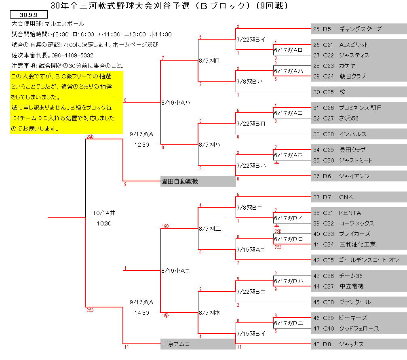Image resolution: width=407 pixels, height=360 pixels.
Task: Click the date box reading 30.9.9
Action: point(29,15)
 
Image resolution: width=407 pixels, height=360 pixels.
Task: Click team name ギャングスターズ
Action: point(361,29)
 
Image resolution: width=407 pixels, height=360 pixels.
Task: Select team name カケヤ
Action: point(347,66)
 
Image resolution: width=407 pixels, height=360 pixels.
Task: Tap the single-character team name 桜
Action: point(342,92)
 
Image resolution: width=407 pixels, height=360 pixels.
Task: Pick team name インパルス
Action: point(353,134)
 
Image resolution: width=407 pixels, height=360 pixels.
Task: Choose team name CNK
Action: point(346,197)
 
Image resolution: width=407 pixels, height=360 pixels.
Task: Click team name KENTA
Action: point(350,213)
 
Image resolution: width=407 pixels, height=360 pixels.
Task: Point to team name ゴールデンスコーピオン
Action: point(369,260)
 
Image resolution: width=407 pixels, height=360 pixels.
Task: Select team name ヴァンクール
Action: point(355,302)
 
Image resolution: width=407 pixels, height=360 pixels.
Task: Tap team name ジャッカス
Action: point(351,344)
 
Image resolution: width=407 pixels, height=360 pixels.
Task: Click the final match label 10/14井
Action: point(104,213)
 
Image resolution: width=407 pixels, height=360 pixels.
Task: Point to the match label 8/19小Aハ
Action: point(176,103)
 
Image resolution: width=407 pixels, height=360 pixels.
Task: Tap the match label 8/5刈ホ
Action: point(209,312)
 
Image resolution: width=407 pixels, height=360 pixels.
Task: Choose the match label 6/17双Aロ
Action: point(288,50)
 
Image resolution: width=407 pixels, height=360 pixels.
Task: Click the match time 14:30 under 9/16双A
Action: point(141,312)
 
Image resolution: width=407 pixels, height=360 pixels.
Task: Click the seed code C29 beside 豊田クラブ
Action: point(328,150)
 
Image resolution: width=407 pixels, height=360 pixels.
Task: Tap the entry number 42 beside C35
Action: point(316,260)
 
